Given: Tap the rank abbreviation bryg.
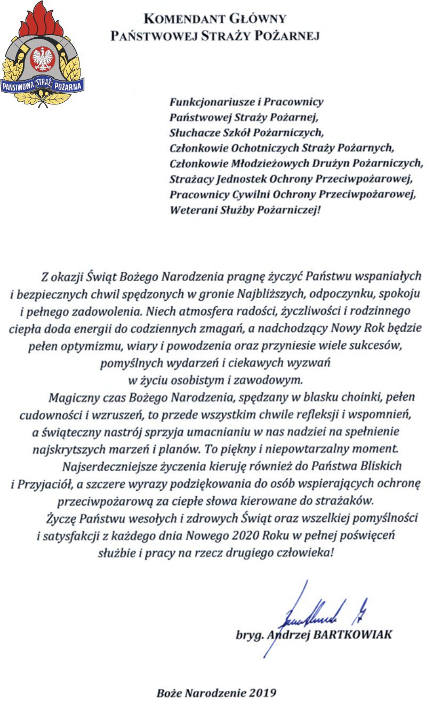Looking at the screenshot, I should point(250,635).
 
